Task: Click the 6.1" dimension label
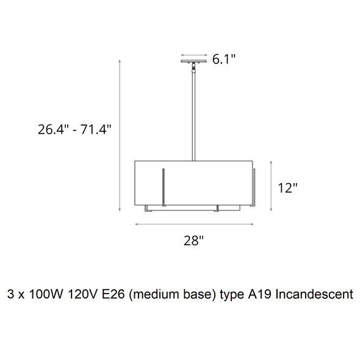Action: click(x=224, y=59)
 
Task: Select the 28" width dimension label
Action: click(x=193, y=240)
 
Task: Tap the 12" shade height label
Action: click(x=287, y=188)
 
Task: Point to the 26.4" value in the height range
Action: click(x=53, y=129)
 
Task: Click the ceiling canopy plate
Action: click(x=193, y=61)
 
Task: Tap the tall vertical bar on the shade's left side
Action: click(x=164, y=187)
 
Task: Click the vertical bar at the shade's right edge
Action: click(x=254, y=187)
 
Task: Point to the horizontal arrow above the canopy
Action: click(x=194, y=55)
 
